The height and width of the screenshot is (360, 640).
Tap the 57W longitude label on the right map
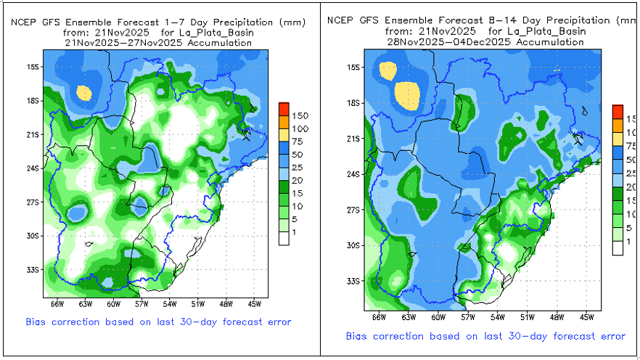tap(468, 316)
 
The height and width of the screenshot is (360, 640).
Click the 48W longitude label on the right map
tap(557, 316)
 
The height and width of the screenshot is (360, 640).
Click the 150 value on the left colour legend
tap(300, 115)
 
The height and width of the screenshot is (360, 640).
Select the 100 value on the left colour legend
tap(300, 128)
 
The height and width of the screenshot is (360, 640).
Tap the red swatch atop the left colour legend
tap(284, 109)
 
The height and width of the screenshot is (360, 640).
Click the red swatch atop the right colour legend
tap(618, 111)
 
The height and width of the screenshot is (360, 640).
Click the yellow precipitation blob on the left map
tap(84, 93)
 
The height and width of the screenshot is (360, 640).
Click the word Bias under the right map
tap(358, 336)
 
